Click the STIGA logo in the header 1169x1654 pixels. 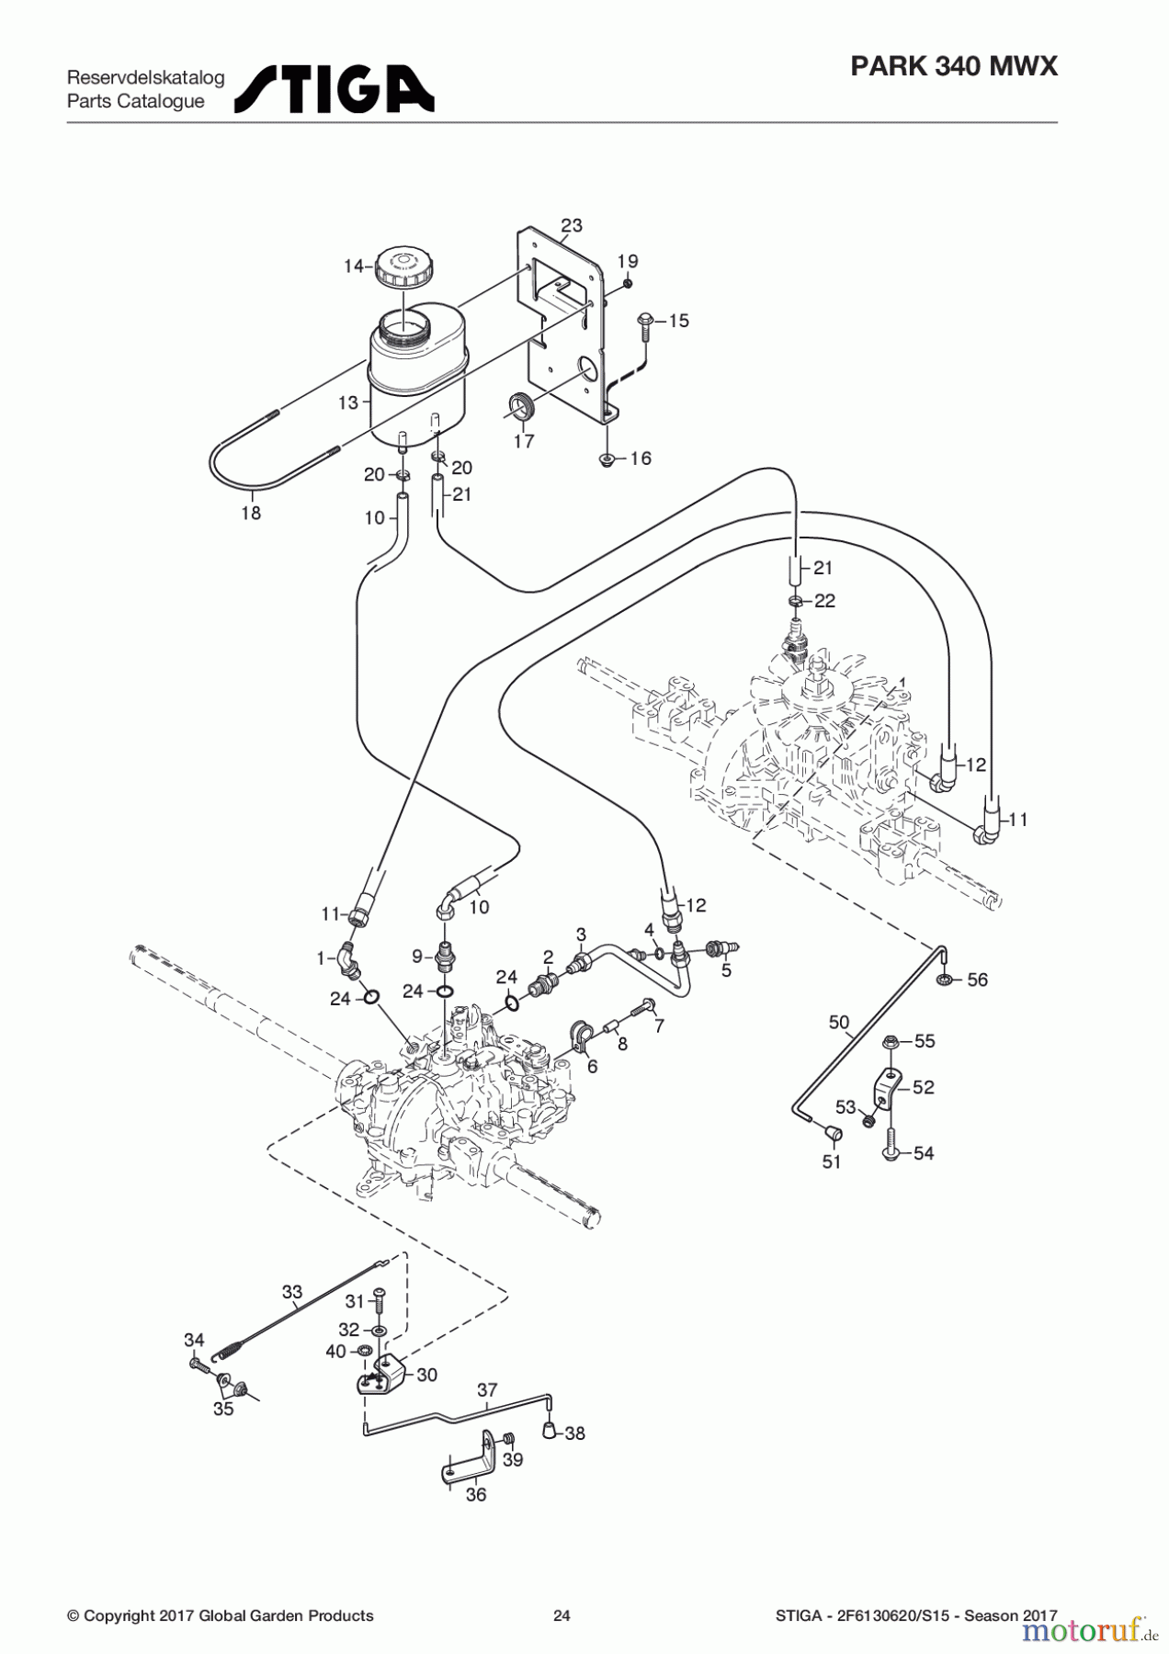[x=335, y=89]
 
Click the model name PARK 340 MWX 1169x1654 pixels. [x=954, y=66]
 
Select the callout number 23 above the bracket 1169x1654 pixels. [x=572, y=225]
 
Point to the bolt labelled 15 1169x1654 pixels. [x=643, y=326]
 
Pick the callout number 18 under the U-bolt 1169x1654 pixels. [x=251, y=513]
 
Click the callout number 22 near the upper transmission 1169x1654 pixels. [x=824, y=600]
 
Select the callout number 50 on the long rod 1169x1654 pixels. [x=839, y=1022]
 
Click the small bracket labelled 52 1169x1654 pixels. [x=886, y=1088]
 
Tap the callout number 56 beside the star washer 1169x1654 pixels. [x=977, y=980]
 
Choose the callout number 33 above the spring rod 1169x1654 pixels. [x=291, y=1292]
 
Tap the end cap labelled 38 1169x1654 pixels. [x=549, y=1430]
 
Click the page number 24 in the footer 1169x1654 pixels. [x=562, y=1615]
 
